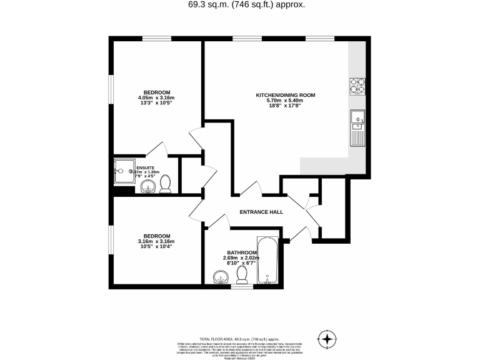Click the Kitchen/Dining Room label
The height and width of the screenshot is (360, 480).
(285, 95)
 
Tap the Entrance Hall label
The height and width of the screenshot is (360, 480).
(261, 212)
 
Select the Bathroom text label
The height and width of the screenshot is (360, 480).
(241, 252)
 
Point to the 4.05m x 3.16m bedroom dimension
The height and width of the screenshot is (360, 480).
(156, 97)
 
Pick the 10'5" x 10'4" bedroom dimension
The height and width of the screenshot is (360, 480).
(156, 247)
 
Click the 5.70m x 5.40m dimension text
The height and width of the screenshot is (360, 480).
(285, 101)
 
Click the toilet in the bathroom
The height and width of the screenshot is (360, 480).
(242, 276)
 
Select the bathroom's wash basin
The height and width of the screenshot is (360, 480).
(220, 277)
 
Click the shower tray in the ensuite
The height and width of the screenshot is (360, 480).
(124, 168)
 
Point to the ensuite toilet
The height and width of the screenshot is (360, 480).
(166, 184)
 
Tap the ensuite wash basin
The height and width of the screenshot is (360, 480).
(147, 187)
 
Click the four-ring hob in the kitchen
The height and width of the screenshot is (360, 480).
(357, 85)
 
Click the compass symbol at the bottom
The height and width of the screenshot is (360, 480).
(327, 339)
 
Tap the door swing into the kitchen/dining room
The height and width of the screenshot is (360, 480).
(252, 187)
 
